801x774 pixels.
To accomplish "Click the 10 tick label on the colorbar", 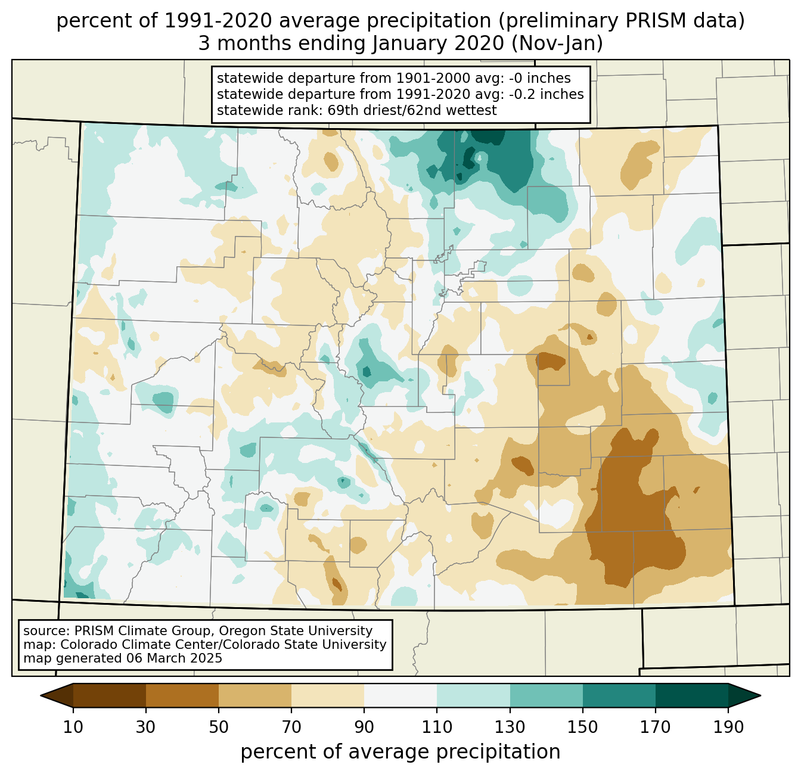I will pyautogui.click(x=73, y=728).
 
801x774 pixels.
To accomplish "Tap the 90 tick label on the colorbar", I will pyautogui.click(x=364, y=728).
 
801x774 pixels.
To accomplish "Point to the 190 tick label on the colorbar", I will pyautogui.click(x=728, y=728).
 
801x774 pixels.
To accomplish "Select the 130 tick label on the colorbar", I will pyautogui.click(x=510, y=728).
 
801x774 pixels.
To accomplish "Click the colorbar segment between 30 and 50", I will pyautogui.click(x=182, y=695).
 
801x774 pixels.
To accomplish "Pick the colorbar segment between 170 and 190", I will pyautogui.click(x=691, y=695).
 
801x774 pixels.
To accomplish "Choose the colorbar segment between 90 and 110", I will pyautogui.click(x=401, y=695).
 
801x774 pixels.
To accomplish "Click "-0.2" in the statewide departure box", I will pyautogui.click(x=522, y=94).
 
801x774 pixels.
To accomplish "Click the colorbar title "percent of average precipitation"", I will pyautogui.click(x=401, y=752).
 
